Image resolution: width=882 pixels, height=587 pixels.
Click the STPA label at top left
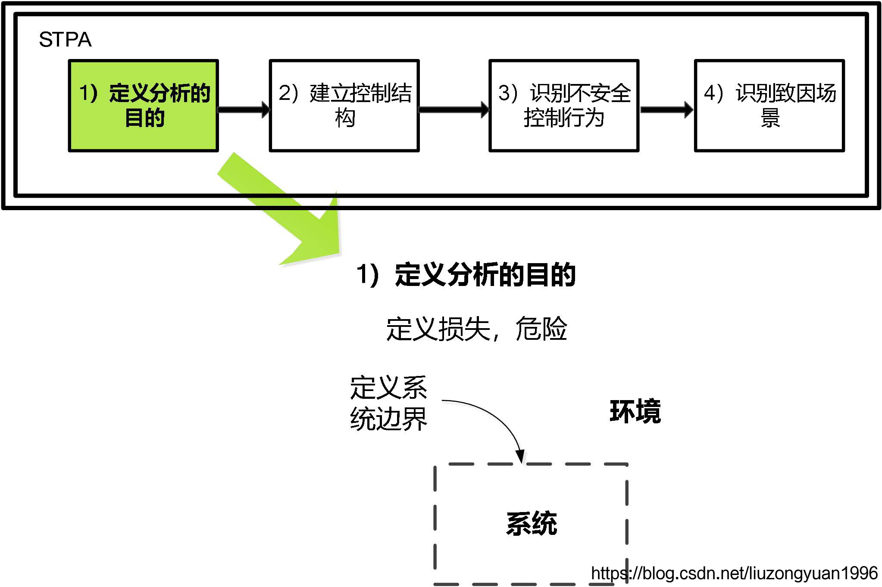65,40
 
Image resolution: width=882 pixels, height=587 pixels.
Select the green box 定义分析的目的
144,106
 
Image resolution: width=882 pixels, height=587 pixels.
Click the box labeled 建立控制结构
344,106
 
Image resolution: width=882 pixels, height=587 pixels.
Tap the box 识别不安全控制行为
563,106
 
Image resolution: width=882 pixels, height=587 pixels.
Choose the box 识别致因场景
769,106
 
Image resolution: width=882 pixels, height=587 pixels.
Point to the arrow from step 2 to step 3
454,109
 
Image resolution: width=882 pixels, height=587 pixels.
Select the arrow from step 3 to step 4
666,109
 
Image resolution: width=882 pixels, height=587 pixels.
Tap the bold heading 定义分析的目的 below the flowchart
485,274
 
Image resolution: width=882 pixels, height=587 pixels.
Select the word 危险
541,329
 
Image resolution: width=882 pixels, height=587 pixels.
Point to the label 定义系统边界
388,403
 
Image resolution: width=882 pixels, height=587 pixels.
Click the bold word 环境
635,411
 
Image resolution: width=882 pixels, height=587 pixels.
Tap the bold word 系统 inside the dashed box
531,524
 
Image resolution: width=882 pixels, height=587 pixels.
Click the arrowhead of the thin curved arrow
520,457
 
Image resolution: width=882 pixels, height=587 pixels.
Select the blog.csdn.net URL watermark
734,573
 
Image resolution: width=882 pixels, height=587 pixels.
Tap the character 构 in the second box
345,118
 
